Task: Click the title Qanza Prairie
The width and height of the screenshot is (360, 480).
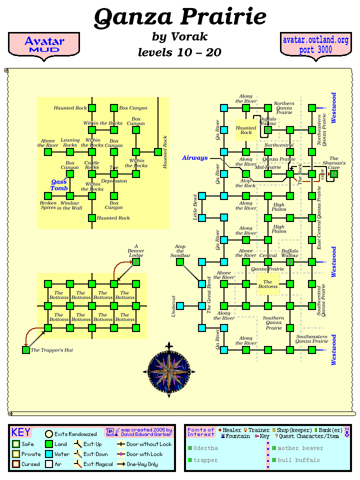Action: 180,17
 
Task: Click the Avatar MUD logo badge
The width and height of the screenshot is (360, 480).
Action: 44,45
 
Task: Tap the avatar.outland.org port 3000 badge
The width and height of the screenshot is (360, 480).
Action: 315,45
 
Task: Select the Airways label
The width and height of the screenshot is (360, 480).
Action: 194,158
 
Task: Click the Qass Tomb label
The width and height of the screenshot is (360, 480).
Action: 59,185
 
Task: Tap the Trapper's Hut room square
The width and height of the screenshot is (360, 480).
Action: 26,350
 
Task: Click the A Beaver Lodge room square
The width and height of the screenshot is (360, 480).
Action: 136,262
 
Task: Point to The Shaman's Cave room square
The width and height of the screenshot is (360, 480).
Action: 334,174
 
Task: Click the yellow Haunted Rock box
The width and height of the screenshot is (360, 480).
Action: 246,130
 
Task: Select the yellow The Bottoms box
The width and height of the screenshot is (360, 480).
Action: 268,284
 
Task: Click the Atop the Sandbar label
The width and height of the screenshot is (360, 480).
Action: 180,251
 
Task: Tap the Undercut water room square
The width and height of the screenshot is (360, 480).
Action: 180,306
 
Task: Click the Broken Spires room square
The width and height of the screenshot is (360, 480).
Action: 48,196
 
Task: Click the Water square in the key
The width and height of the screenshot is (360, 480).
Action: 48,454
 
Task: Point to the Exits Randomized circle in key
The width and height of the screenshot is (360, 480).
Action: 49,434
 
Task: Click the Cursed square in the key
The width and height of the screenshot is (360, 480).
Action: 16,464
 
